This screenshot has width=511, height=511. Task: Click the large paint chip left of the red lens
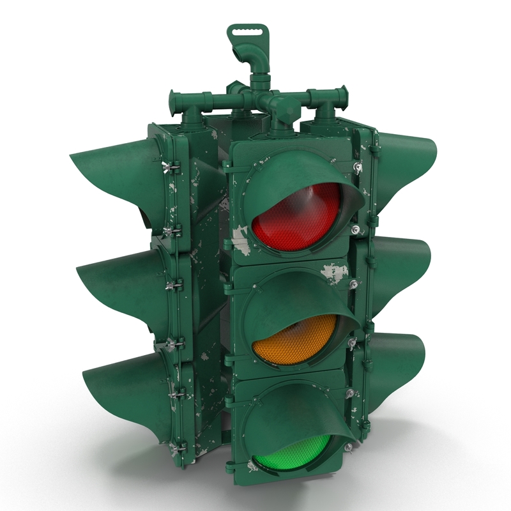[x=240, y=240]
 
